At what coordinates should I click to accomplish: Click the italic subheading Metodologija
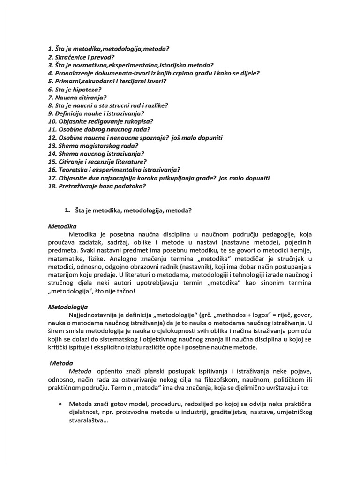click(x=68, y=307)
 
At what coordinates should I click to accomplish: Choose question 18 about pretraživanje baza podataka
click(x=97, y=186)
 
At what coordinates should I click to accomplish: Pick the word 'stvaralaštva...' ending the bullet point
click(x=89, y=420)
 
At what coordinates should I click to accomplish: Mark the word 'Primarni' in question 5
click(x=71, y=81)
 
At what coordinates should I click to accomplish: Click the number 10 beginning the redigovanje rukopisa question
click(x=52, y=121)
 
